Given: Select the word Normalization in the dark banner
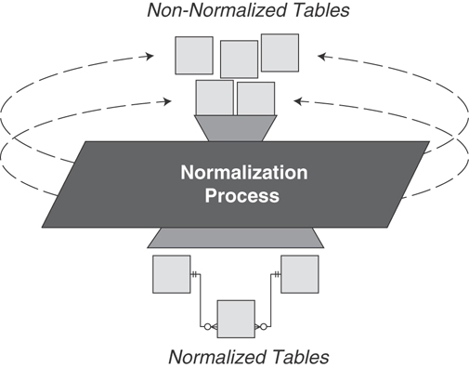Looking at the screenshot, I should coord(243,174).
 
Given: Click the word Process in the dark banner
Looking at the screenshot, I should coord(243,196).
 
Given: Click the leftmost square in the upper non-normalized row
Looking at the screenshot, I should coord(194,55).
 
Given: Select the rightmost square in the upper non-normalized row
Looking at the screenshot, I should coord(280,52).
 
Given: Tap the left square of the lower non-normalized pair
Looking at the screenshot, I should coord(214,98).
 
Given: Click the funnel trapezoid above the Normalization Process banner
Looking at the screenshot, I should coord(235,128).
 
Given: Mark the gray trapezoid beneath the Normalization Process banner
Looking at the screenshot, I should coord(236,237).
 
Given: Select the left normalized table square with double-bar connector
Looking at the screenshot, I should coord(171,274).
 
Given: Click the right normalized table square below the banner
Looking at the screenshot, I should coord(299,274).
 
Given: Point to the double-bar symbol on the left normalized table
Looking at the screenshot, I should coord(195,274).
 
